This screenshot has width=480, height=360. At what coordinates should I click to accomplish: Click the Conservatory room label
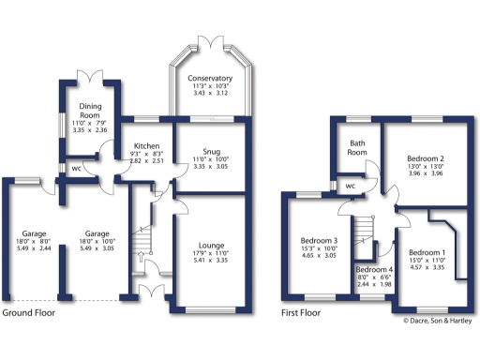point(210,78)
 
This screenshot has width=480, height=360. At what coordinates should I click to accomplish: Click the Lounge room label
point(210,246)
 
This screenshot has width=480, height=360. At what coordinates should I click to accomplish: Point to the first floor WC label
point(350,185)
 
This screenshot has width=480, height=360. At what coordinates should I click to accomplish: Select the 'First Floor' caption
point(302,312)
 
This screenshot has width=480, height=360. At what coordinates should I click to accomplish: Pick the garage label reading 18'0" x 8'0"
point(29,240)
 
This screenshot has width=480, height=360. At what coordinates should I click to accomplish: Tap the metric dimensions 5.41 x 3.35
point(210,261)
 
